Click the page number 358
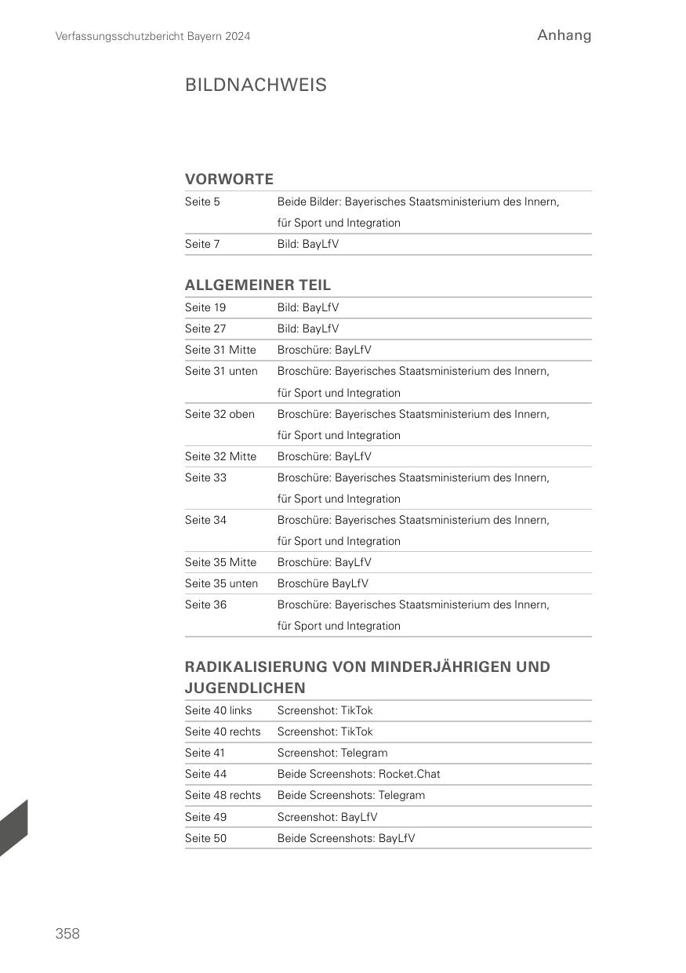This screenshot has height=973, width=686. [x=67, y=933]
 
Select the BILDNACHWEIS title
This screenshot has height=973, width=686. [x=256, y=85]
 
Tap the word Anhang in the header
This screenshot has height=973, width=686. [x=564, y=35]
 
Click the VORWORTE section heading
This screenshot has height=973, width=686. [x=229, y=179]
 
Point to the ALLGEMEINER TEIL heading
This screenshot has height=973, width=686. [x=258, y=285]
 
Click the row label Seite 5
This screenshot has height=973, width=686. [x=202, y=201]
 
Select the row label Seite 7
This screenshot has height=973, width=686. [x=202, y=244]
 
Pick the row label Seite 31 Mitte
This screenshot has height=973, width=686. [x=220, y=350]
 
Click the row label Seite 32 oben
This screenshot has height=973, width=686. [x=220, y=413]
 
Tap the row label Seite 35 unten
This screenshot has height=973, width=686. [x=221, y=583]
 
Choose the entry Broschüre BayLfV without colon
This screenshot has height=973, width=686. [x=322, y=583]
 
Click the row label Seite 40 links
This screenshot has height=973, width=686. [x=219, y=710]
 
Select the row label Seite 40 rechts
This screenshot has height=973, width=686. [x=223, y=732]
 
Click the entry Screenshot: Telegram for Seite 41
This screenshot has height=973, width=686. [x=332, y=753]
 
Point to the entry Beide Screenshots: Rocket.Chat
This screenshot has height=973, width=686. [x=358, y=774]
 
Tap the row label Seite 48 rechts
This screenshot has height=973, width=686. [x=223, y=795]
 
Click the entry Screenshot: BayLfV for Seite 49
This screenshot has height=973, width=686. [x=327, y=817]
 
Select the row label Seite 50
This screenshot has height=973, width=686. [x=205, y=838]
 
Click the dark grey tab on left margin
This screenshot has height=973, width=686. [x=13, y=829]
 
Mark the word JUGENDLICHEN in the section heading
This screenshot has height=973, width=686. [x=245, y=688]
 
